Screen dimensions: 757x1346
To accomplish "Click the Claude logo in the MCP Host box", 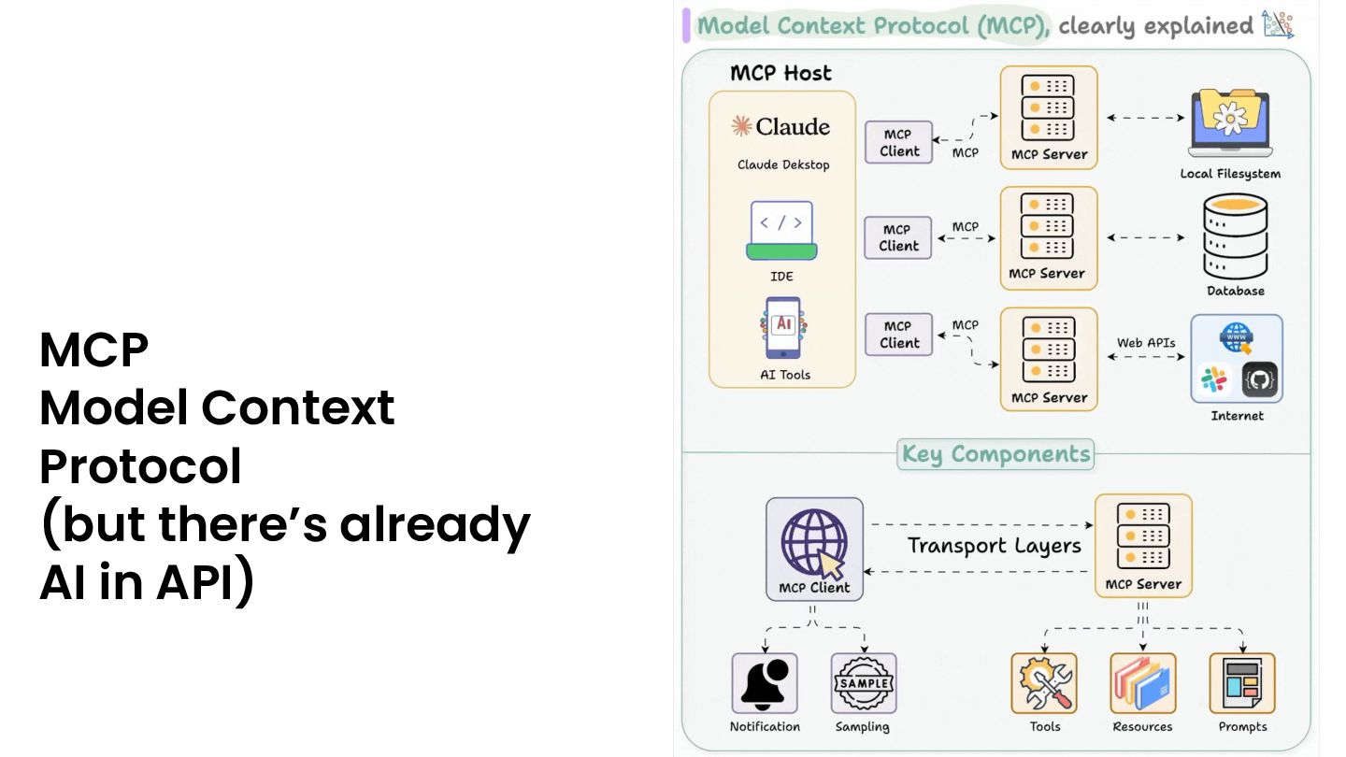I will click(781, 126).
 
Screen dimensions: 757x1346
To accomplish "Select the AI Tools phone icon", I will click(782, 328).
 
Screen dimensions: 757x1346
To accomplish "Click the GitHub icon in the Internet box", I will click(1259, 380).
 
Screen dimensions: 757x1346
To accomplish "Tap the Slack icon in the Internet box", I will click(1214, 380).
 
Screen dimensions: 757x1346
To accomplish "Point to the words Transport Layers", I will click(994, 546).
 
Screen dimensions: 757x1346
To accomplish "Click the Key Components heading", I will click(995, 454).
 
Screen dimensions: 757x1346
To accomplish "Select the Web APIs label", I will click(1146, 343).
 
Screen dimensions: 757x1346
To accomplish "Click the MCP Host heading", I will click(780, 73).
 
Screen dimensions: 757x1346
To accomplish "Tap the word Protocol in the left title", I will click(140, 465).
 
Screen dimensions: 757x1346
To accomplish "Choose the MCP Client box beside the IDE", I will click(898, 237).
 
